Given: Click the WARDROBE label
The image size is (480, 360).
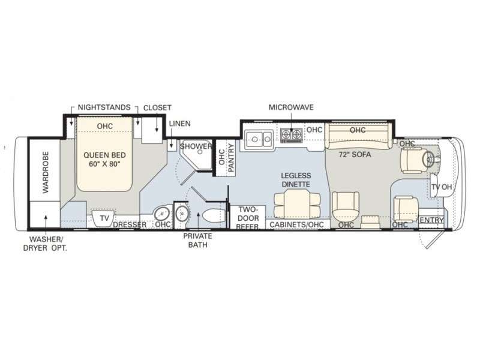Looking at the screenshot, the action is [x=46, y=172].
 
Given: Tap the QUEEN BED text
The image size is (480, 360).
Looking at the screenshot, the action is [x=104, y=155].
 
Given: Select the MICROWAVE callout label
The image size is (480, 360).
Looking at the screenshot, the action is [x=291, y=107].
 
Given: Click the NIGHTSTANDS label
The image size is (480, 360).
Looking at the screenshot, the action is [x=104, y=107].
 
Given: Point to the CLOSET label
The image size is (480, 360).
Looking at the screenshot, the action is [x=157, y=108].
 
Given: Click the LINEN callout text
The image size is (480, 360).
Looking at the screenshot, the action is [x=179, y=124].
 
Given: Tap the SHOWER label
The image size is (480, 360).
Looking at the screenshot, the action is [x=196, y=146].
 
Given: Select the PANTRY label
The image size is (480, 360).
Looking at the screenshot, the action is [x=231, y=158].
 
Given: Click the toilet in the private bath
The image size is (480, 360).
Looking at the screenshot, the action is [x=214, y=216].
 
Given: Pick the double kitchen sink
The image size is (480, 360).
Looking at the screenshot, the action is [x=259, y=139].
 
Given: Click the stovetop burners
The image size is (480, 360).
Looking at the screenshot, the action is [x=292, y=135].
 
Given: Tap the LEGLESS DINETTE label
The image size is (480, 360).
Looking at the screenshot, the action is [x=296, y=180].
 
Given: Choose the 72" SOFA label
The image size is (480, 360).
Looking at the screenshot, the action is [x=355, y=155].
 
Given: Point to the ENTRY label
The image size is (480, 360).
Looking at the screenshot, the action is [x=431, y=220].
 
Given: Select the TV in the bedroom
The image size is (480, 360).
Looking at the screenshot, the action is [x=103, y=218].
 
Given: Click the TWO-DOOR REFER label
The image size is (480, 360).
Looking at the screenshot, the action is [x=248, y=218].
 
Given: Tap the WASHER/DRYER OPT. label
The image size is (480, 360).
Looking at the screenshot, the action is [x=45, y=244].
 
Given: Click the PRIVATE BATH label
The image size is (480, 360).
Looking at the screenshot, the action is [x=198, y=241].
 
